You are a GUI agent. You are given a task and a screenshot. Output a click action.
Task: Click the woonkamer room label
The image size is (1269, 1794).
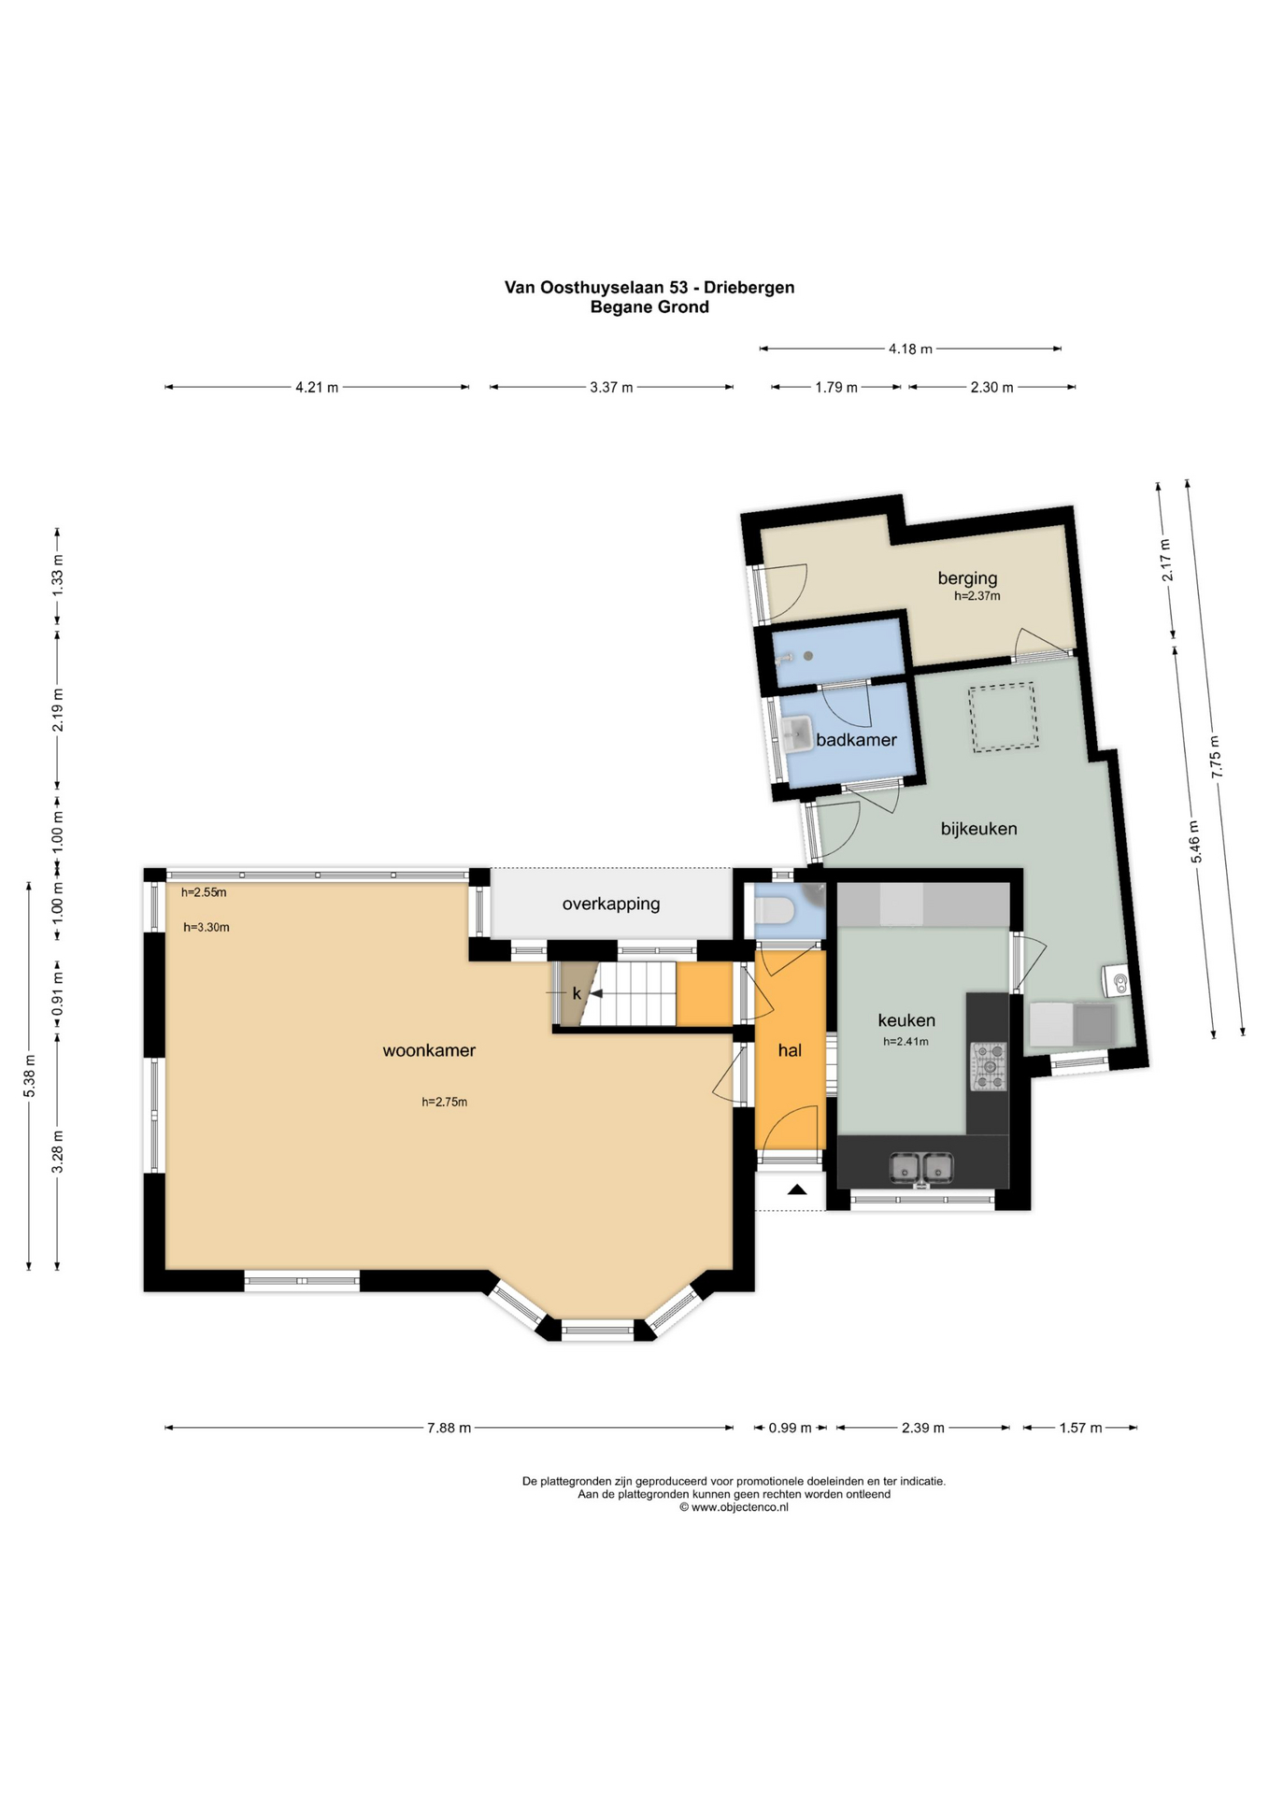(429, 1050)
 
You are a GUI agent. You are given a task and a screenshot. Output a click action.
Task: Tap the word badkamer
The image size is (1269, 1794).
(856, 740)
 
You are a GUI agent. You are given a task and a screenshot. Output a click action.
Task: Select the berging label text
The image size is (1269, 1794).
(967, 578)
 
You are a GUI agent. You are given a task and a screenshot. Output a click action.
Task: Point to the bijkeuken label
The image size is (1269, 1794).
(978, 829)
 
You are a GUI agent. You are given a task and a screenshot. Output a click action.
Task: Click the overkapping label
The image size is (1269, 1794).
(611, 904)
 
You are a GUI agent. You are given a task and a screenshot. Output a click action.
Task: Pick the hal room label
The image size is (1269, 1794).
(790, 1050)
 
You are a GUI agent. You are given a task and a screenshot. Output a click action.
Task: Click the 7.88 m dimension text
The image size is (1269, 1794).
(449, 1428)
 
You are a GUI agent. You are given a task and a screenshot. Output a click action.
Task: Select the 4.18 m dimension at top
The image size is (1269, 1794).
(910, 349)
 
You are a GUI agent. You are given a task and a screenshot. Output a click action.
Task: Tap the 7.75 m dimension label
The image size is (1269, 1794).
(1216, 758)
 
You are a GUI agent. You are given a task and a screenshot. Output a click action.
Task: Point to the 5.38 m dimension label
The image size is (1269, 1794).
(29, 1075)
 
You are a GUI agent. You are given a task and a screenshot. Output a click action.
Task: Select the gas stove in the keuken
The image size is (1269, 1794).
(989, 1067)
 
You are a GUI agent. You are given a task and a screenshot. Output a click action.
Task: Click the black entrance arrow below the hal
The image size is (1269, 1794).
(796, 1189)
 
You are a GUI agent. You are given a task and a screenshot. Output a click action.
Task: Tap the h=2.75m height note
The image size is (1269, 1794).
(444, 1102)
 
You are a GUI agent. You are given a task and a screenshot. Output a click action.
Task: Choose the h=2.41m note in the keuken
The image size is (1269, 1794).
(905, 1041)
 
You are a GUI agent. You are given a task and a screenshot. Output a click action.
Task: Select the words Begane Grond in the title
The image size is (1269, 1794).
(649, 306)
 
